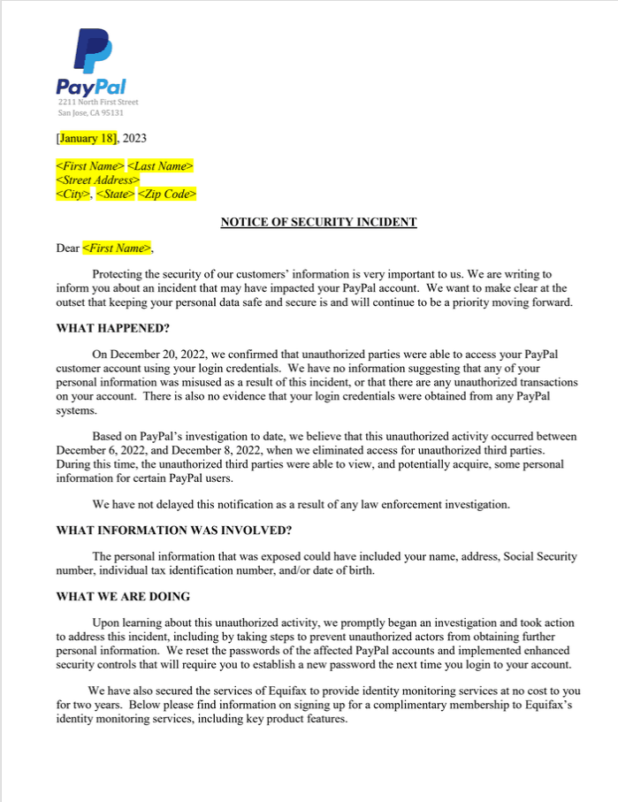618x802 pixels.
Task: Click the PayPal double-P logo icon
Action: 91,50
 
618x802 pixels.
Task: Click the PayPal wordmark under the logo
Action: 91,87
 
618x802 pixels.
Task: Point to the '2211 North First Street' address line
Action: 98,103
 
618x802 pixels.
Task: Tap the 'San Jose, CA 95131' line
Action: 90,113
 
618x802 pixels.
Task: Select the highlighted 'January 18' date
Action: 88,138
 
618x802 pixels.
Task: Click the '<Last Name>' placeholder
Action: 161,166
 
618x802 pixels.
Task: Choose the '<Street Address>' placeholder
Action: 98,179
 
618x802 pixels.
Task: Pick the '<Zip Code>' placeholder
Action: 167,194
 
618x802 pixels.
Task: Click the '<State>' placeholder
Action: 115,194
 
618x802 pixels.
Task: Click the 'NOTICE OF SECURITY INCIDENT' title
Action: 318,222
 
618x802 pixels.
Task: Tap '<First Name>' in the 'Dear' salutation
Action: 117,248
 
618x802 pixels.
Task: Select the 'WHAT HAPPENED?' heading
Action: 112,328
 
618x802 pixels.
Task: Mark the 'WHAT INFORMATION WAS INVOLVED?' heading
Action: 173,531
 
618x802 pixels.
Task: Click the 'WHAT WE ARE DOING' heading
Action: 122,597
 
